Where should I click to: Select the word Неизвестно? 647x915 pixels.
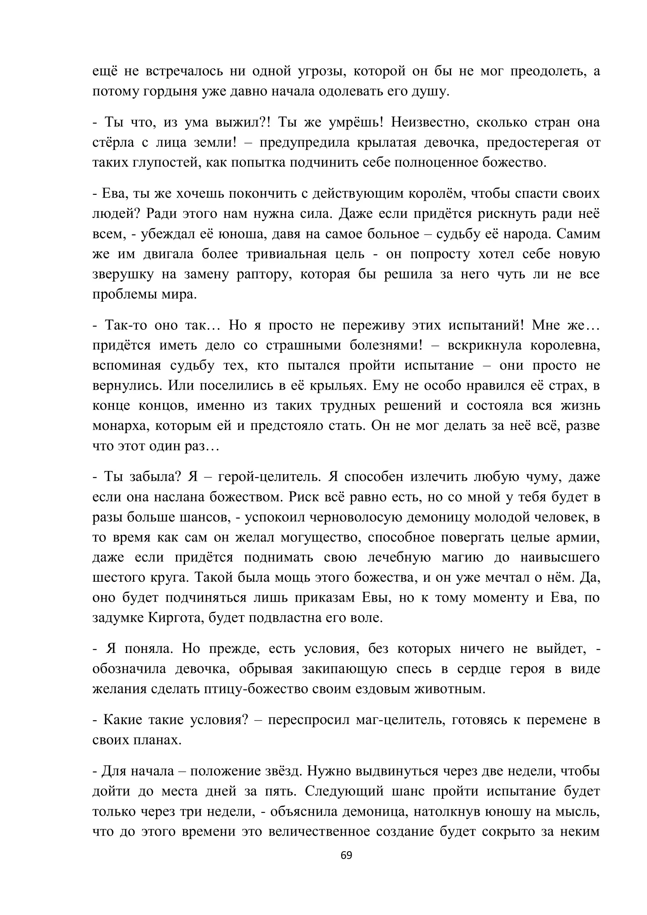click(x=424, y=122)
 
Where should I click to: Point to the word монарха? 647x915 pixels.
click(x=119, y=426)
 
